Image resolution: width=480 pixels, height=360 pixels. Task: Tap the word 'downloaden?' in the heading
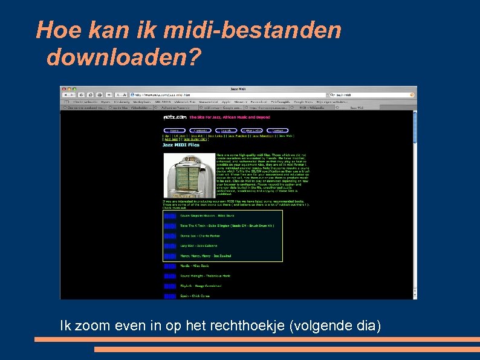[123, 57]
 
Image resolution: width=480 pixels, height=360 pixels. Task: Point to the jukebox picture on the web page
[181, 175]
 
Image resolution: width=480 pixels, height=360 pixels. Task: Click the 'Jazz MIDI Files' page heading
[181, 145]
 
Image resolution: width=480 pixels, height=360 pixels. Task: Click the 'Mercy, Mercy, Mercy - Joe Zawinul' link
[206, 256]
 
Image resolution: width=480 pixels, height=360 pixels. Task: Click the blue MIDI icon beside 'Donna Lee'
[170, 236]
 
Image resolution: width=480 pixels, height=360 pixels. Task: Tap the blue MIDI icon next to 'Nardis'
[170, 266]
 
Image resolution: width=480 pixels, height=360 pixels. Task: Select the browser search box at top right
[369, 95]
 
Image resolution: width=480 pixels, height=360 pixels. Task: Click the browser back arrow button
[65, 95]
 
